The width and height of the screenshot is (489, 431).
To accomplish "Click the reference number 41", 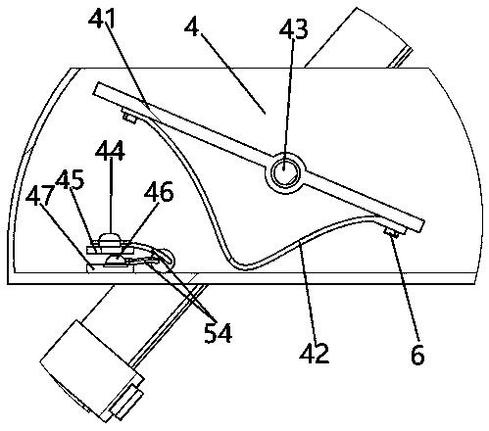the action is click(102, 18).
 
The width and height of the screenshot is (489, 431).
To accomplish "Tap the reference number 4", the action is click(191, 27).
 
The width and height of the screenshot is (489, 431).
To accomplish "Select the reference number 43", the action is click(293, 29).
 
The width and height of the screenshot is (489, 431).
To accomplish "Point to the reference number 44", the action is click(110, 151).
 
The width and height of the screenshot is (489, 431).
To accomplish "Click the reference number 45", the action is click(70, 179).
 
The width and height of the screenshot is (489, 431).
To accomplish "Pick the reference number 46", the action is click(159, 192).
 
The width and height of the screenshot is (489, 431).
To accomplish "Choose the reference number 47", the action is click(39, 196).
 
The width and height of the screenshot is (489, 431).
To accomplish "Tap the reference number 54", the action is click(218, 333).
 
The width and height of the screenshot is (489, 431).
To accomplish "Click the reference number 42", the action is click(315, 353).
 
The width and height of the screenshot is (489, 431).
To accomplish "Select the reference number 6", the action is click(417, 355).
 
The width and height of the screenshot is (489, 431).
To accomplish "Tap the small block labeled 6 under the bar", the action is click(391, 233).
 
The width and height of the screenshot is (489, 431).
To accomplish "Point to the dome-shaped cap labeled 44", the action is click(110, 240).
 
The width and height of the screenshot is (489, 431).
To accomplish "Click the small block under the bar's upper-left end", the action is click(128, 117).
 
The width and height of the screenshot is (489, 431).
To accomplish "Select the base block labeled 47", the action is click(111, 268).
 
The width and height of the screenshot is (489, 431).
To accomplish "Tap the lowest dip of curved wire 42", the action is click(246, 267).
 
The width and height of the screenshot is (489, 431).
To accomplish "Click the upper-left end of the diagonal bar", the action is click(96, 89).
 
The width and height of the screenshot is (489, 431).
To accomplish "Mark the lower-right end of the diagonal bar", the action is click(421, 226).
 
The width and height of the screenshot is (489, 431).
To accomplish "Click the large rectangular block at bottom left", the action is click(92, 371).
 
